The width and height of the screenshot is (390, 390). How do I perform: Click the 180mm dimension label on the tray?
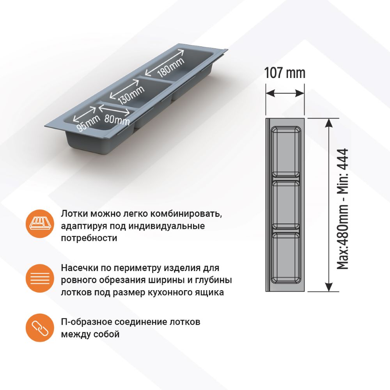point(171,67)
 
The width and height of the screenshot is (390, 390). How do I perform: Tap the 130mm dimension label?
point(131,95)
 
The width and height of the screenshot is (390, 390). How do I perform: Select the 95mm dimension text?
point(88,123)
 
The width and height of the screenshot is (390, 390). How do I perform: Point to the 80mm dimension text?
point(117,120)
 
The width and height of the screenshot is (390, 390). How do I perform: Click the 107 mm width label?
point(285,73)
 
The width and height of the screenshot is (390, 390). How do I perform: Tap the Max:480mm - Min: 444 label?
point(342,209)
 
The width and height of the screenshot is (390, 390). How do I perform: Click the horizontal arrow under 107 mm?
point(285,94)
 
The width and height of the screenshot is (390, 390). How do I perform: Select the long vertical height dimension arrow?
point(329,205)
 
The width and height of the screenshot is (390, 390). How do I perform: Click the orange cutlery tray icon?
point(40,223)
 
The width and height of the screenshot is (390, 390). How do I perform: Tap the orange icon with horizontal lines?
point(40,278)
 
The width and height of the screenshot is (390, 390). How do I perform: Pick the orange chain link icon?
point(40,328)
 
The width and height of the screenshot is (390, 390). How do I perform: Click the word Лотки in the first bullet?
point(74,214)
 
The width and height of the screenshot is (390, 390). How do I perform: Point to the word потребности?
point(89,238)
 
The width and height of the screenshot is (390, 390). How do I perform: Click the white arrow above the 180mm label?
point(165,62)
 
